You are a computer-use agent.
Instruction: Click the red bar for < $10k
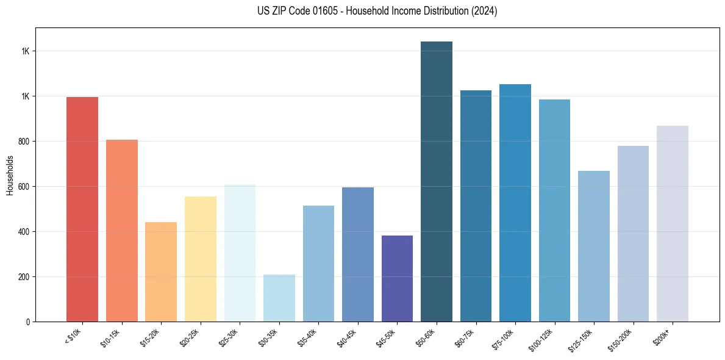(x=82, y=209)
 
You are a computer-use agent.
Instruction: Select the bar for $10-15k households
(x=122, y=231)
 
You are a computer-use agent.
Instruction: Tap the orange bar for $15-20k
(x=161, y=272)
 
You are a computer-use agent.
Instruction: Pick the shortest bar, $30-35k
(x=279, y=298)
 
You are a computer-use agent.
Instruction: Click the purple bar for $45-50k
(x=397, y=278)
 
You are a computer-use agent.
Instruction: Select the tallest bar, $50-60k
(x=437, y=181)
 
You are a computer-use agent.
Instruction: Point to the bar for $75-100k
(x=515, y=203)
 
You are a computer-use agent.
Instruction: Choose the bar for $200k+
(x=673, y=223)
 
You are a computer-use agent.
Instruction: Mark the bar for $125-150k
(x=594, y=246)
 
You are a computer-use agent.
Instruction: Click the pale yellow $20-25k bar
(x=201, y=259)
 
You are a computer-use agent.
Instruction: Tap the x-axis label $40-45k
(x=347, y=338)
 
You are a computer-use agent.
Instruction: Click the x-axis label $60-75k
(x=465, y=338)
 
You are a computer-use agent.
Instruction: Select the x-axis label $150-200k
(x=621, y=339)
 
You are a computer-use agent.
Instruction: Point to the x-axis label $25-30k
(x=229, y=338)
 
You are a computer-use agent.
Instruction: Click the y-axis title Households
(x=10, y=175)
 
